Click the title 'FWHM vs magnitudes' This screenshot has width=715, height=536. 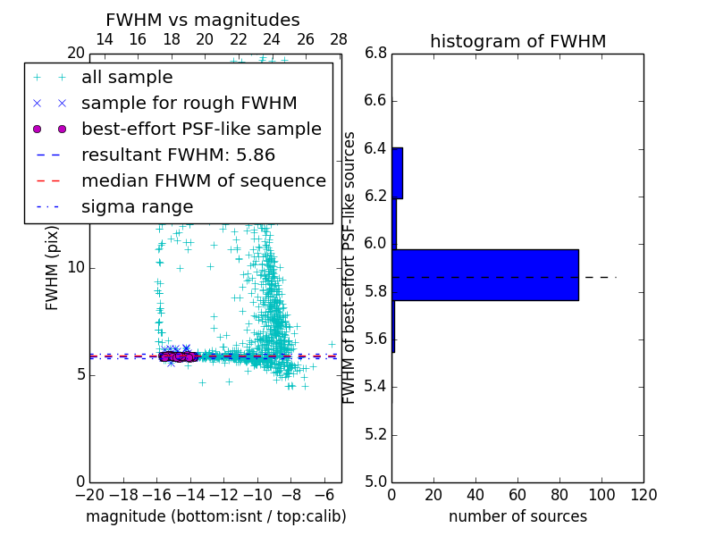(x=203, y=20)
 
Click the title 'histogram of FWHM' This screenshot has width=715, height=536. (x=517, y=41)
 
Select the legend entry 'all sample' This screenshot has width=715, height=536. (x=127, y=78)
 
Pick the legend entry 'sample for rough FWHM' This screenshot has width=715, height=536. (x=189, y=104)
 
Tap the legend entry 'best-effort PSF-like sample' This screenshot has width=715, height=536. (x=201, y=130)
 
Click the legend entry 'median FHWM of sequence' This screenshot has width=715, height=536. (x=203, y=181)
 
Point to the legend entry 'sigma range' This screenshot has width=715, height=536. (x=137, y=207)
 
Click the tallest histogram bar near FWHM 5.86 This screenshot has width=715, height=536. (x=485, y=274)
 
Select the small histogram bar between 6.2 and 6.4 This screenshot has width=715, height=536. (x=398, y=172)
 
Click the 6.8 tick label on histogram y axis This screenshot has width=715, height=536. (x=376, y=54)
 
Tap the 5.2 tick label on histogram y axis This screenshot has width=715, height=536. (x=376, y=435)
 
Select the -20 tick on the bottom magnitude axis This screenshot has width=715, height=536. (x=89, y=495)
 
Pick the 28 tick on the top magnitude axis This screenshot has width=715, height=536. (x=339, y=39)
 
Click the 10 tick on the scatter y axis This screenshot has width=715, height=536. (x=76, y=268)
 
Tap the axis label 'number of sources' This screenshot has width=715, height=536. (x=517, y=516)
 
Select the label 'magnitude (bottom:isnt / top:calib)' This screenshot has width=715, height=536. (x=215, y=516)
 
